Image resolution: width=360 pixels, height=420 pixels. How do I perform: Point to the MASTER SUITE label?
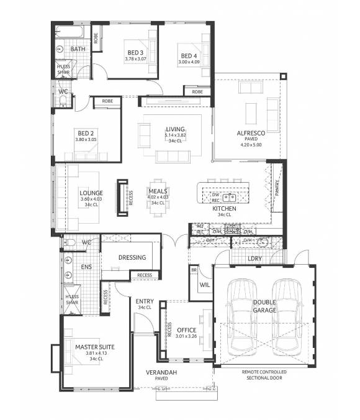click(95, 347)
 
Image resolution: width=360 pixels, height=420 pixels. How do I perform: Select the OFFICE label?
click(186, 330)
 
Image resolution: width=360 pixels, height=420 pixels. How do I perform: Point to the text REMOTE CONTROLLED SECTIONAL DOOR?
click(264, 375)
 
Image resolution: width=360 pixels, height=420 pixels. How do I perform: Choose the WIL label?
click(204, 285)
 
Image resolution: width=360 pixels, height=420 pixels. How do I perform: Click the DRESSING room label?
click(132, 257)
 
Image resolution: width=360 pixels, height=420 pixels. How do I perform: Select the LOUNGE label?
click(91, 193)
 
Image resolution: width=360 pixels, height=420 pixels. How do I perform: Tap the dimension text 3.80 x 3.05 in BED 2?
click(85, 140)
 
